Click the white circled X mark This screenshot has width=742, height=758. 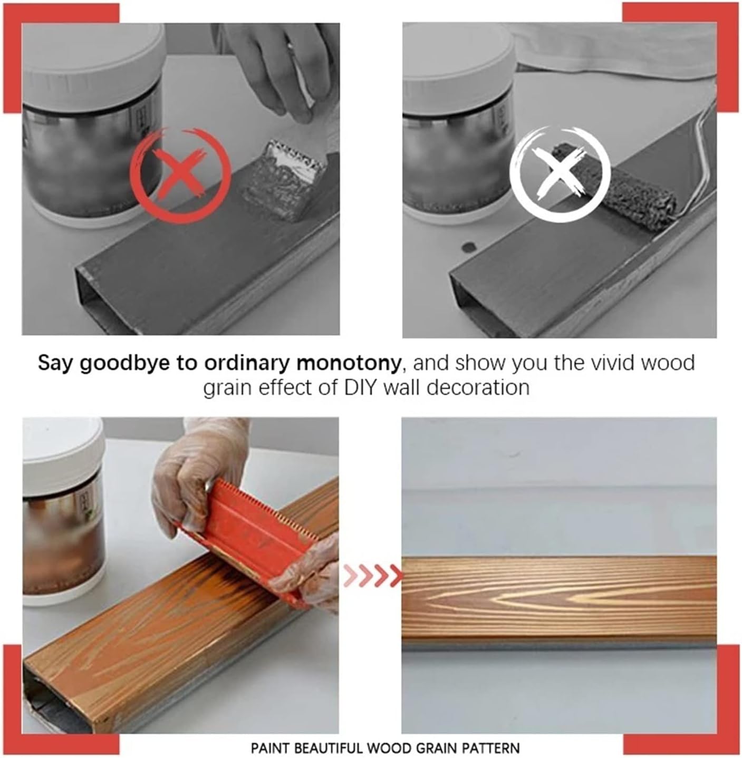560,174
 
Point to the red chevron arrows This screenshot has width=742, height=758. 373,575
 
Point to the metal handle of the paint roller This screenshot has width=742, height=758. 698,156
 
